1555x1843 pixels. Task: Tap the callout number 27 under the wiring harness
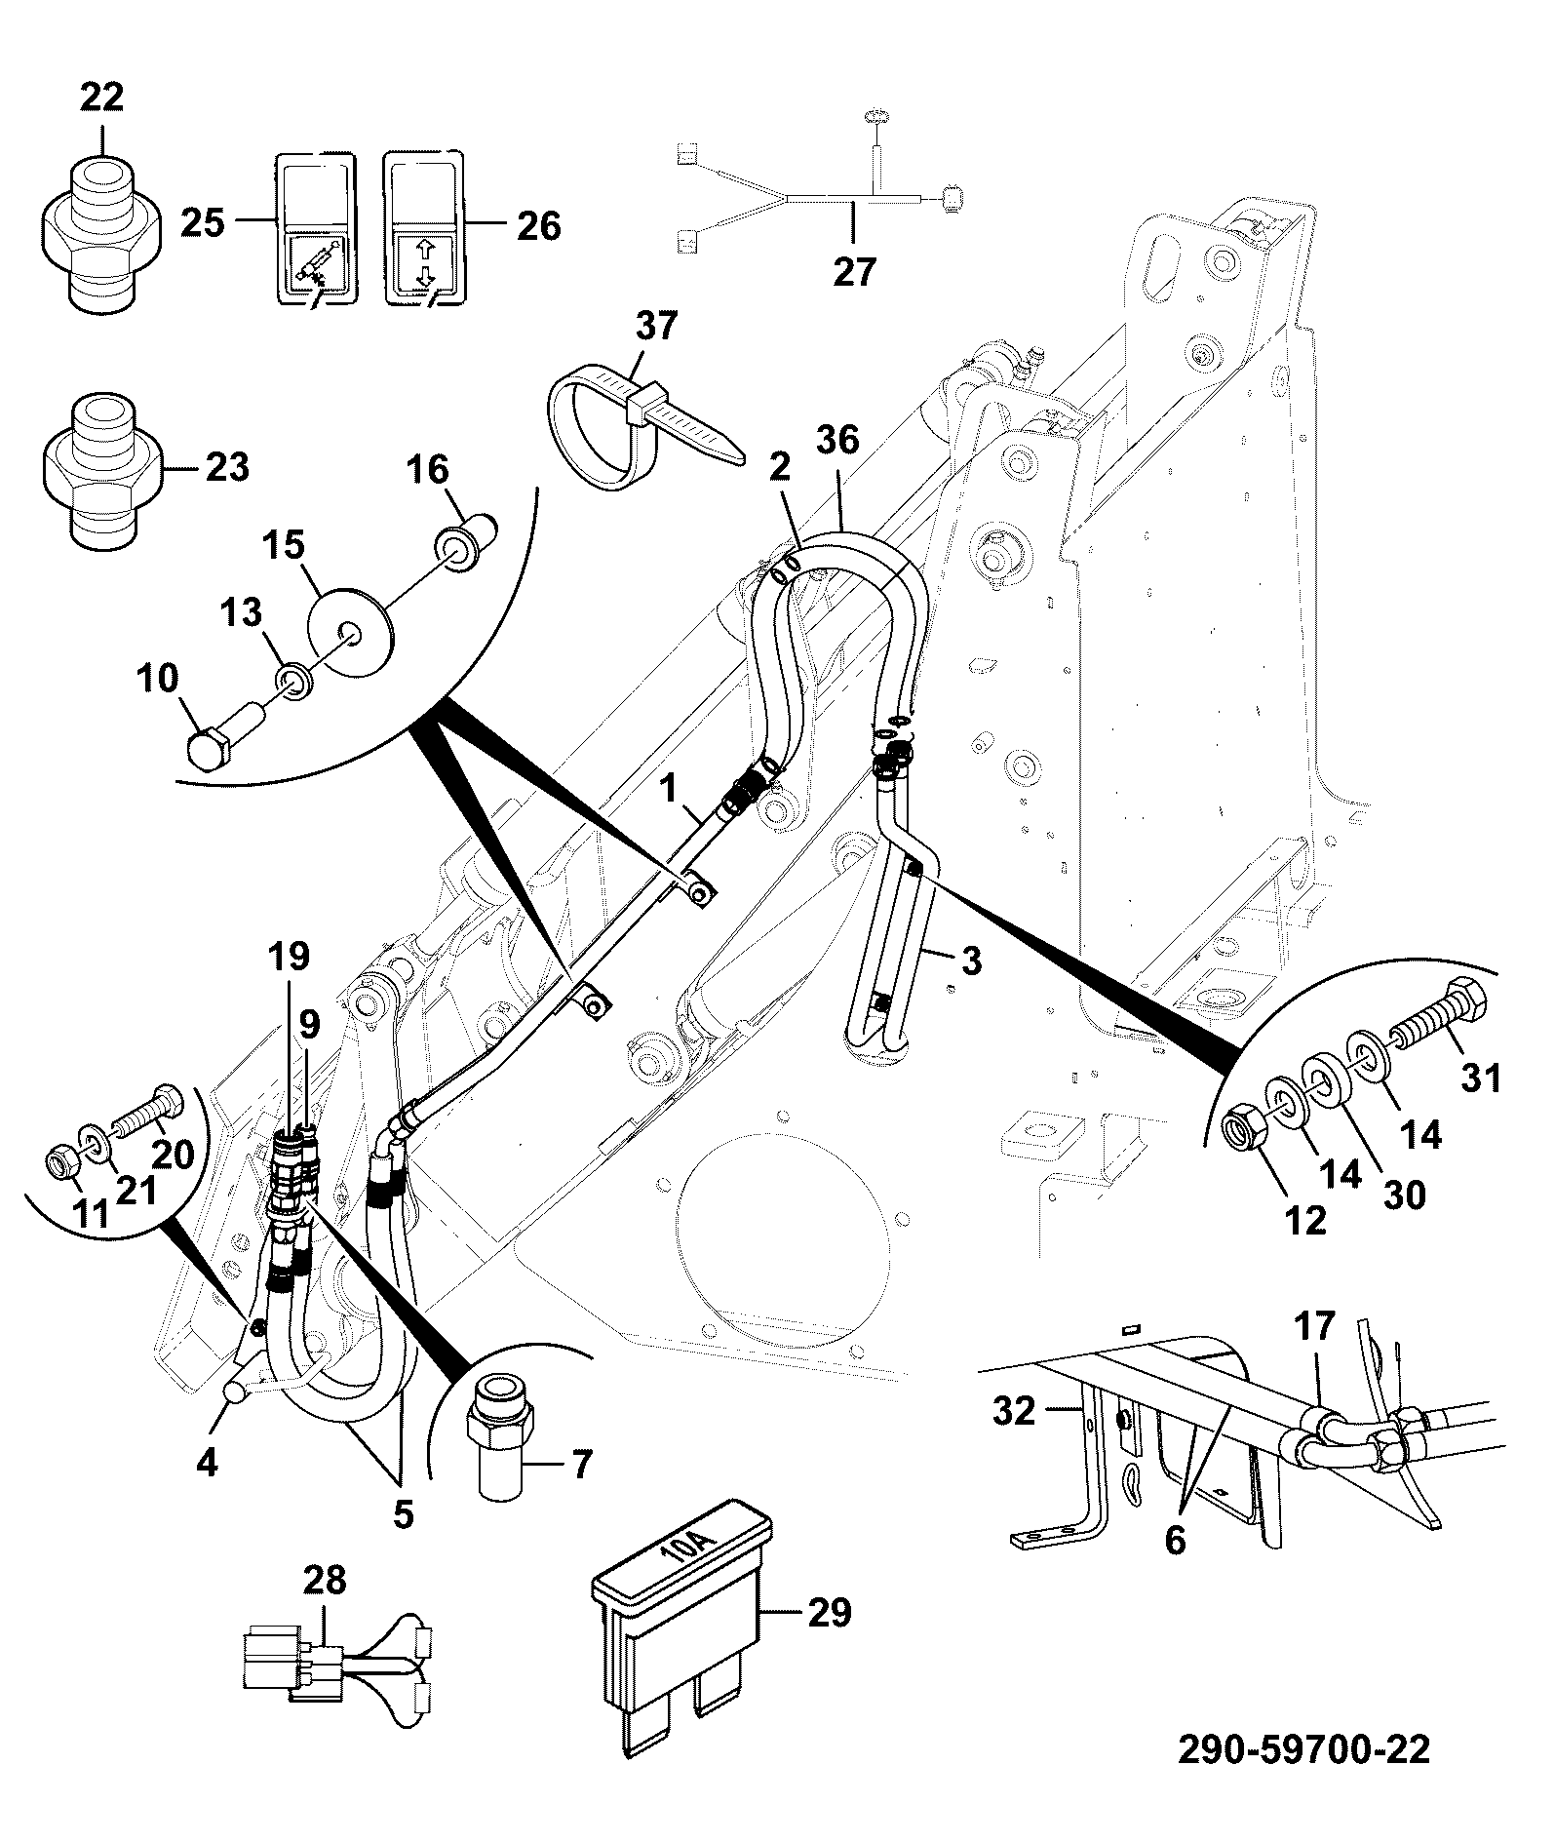click(854, 270)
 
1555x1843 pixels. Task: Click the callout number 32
click(1014, 1410)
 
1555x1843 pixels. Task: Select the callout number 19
click(290, 956)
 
